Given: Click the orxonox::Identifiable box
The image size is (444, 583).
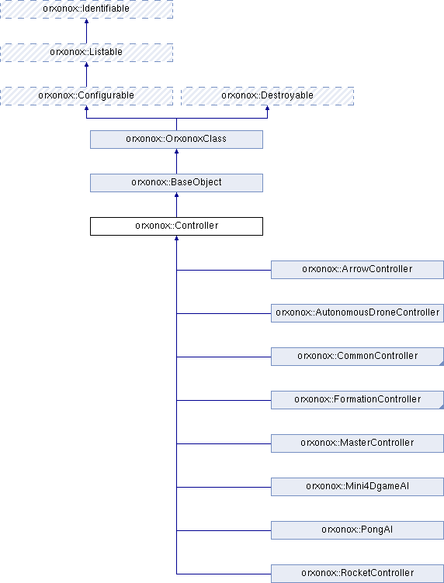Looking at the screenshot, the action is click(86, 9).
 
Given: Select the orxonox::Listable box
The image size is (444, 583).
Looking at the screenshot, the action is click(86, 53).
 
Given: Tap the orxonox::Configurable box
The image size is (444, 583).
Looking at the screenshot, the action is click(86, 96).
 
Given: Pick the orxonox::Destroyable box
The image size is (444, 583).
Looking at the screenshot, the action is click(267, 96).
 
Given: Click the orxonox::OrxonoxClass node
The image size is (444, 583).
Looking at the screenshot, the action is click(176, 140).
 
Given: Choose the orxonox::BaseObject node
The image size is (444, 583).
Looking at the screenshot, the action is click(176, 183).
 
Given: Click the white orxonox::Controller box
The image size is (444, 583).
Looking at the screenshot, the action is click(176, 226).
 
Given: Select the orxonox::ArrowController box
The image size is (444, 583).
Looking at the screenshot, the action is click(357, 270).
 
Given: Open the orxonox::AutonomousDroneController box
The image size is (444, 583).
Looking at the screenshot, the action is click(357, 313).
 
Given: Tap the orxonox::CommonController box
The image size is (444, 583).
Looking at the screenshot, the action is click(357, 357).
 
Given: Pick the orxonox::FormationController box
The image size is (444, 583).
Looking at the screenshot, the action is click(357, 400).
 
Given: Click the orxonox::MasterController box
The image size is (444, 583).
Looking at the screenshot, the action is click(357, 443).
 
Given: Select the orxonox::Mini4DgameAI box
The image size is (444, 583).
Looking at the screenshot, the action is click(357, 487).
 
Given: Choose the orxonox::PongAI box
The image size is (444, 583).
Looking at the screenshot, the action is click(357, 530).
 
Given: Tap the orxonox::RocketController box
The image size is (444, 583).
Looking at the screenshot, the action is click(357, 574).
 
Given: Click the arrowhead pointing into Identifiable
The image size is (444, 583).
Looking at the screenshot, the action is click(86, 21).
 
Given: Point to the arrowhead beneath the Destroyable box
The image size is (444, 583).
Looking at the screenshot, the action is click(267, 109).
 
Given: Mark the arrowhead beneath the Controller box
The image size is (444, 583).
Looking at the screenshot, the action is click(176, 239).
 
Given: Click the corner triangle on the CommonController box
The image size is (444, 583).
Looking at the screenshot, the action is click(442, 364).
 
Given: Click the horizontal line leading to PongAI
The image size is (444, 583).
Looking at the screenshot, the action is click(224, 530).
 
